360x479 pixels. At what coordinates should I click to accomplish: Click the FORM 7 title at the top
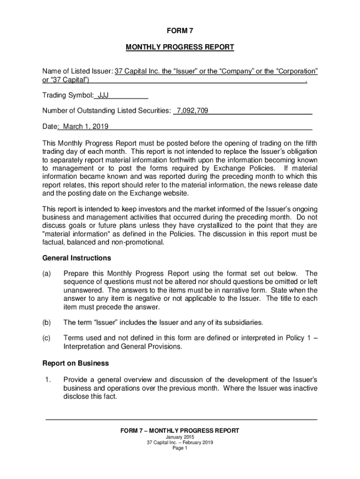click(180, 31)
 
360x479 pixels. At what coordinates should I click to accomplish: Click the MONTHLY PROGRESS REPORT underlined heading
click(180, 47)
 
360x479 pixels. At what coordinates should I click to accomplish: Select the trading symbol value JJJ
click(102, 96)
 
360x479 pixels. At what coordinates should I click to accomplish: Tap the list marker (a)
click(47, 273)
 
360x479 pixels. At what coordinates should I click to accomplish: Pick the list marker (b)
click(47, 322)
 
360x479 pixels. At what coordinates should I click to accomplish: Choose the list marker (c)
click(47, 338)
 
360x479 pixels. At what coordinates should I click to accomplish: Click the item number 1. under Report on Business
click(46, 378)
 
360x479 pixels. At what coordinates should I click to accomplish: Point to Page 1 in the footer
click(180, 448)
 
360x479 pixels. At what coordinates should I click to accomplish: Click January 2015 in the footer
click(180, 437)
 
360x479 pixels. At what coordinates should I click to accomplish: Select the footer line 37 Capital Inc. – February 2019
click(180, 443)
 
